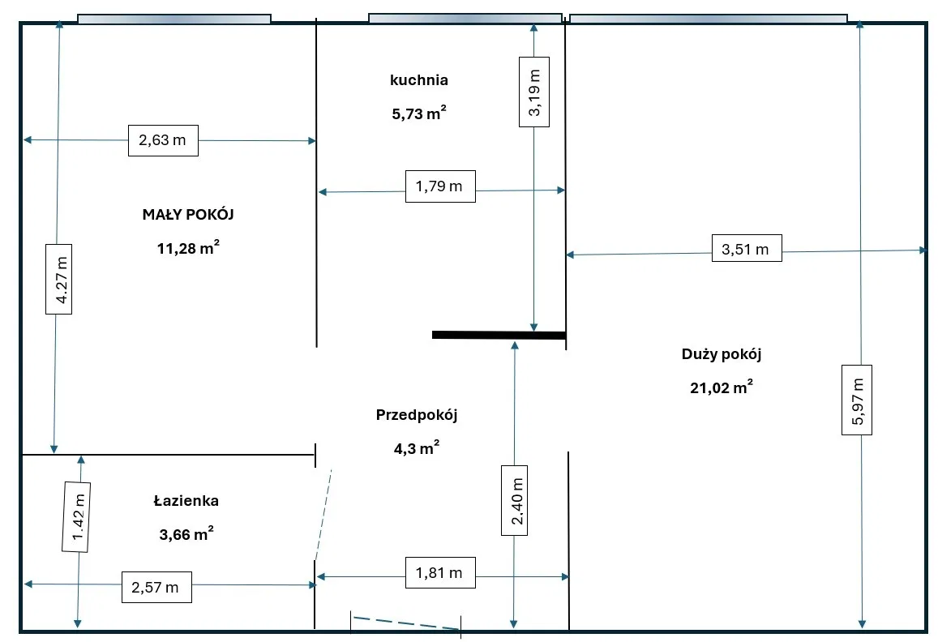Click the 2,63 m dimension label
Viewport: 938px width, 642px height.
[163, 140]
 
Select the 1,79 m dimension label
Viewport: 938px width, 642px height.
[439, 186]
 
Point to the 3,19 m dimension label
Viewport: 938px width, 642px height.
[534, 92]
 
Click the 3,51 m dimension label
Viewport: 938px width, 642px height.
[746, 249]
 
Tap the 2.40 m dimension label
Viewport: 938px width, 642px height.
[515, 500]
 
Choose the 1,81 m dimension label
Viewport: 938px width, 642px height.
[439, 573]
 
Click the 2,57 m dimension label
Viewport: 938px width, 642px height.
[156, 587]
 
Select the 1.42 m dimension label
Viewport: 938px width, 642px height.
[76, 516]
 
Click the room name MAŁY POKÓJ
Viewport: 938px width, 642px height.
[188, 215]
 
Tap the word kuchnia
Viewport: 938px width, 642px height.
[419, 80]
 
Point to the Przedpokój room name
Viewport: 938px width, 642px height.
[417, 415]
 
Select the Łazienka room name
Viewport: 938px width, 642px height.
[186, 501]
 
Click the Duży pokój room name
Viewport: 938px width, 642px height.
[722, 354]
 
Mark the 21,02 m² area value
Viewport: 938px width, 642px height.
[721, 388]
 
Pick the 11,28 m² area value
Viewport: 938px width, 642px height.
[188, 249]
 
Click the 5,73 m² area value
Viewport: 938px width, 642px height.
[418, 114]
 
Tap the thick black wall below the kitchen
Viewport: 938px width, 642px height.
[498, 334]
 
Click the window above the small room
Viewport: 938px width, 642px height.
[173, 19]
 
